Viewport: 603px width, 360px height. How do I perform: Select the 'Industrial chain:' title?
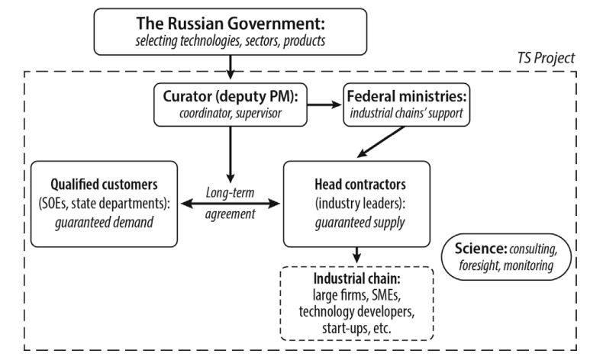click(356, 278)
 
